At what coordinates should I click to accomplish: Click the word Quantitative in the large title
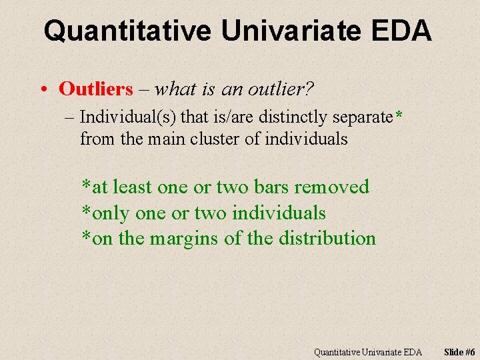pos(127,31)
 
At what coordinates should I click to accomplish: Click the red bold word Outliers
pos(96,89)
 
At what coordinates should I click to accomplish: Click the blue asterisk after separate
pos(398,117)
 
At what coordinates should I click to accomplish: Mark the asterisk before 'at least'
pos(85,185)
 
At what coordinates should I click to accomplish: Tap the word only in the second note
pos(111,213)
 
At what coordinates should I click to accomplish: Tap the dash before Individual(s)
pos(71,118)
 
